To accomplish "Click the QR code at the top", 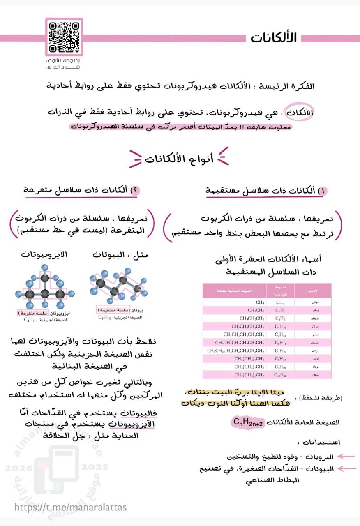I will [x=64, y=37].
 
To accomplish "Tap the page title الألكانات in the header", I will [x=274, y=38].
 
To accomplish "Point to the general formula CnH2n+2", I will [x=249, y=422].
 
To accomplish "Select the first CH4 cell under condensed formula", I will [x=259, y=302].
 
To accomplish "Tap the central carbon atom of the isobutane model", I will [x=45, y=294].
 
